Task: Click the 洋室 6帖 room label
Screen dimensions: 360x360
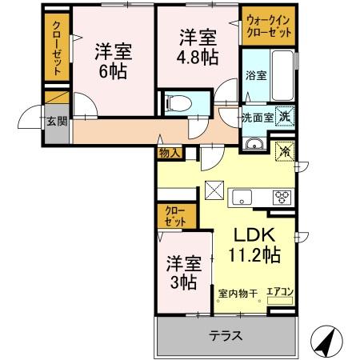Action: pyautogui.click(x=112, y=58)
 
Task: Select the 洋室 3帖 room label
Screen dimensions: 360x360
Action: pyautogui.click(x=183, y=272)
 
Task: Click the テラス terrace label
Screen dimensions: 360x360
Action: pyautogui.click(x=226, y=336)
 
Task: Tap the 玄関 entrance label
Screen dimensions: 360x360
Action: pyautogui.click(x=55, y=122)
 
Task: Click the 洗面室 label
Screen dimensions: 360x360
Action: pyautogui.click(x=258, y=117)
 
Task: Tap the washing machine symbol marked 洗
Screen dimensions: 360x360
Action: pyautogui.click(x=284, y=115)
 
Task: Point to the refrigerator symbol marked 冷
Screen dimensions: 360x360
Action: pyautogui.click(x=284, y=150)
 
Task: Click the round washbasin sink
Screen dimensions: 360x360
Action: pyautogui.click(x=255, y=144)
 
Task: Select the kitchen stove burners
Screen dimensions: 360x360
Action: pyautogui.click(x=284, y=196)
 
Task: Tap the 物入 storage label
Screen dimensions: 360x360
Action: pyautogui.click(x=169, y=152)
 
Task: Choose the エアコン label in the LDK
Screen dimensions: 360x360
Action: pyautogui.click(x=280, y=292)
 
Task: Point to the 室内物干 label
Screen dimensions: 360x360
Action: pyautogui.click(x=238, y=293)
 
